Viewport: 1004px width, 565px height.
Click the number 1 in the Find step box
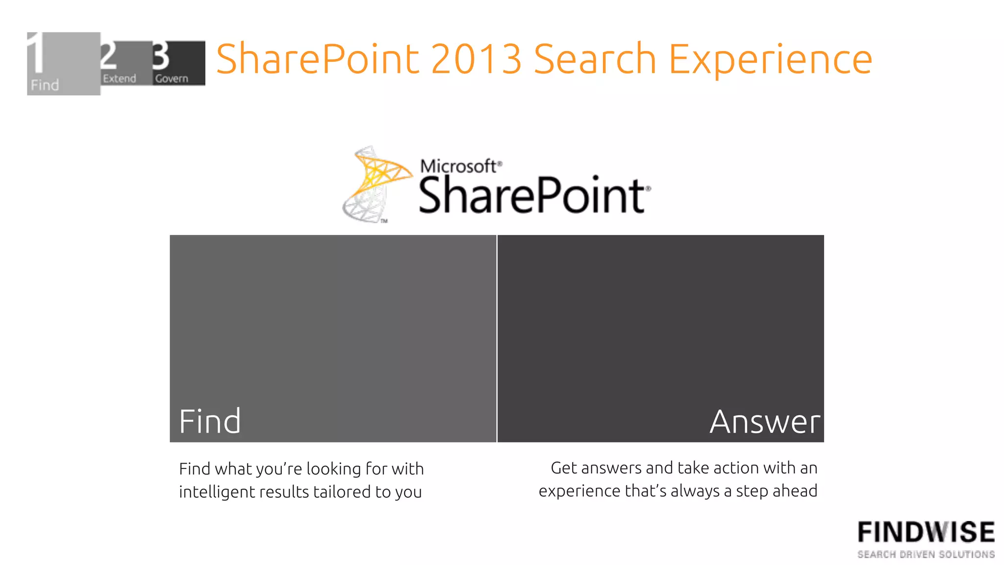coord(35,53)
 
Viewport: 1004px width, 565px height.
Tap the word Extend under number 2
coord(119,78)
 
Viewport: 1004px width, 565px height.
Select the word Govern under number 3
coord(172,78)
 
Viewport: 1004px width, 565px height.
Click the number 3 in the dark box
coord(160,56)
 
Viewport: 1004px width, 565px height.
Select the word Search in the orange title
coord(595,59)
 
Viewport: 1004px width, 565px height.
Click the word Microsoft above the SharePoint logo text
coord(458,166)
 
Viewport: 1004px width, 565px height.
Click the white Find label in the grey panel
coord(210,421)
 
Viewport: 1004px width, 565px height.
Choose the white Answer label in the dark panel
coord(764,421)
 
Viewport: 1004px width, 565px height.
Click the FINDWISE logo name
coord(926,532)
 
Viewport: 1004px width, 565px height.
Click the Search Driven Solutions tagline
coord(926,554)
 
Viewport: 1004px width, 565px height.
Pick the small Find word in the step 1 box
coord(45,85)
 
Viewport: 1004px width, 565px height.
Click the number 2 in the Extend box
coord(108,55)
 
